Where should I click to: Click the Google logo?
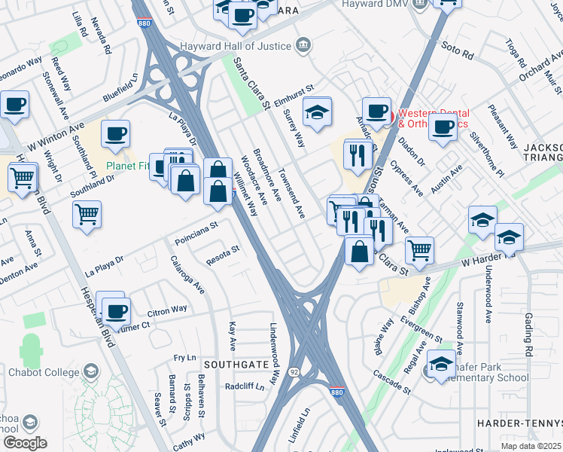(x=25, y=442)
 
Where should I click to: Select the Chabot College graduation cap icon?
(x=91, y=371)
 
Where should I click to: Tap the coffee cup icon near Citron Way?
(x=116, y=310)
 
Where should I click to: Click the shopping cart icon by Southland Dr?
(x=87, y=214)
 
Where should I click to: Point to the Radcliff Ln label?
(x=245, y=386)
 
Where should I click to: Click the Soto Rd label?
(x=458, y=55)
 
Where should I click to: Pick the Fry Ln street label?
(x=184, y=358)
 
